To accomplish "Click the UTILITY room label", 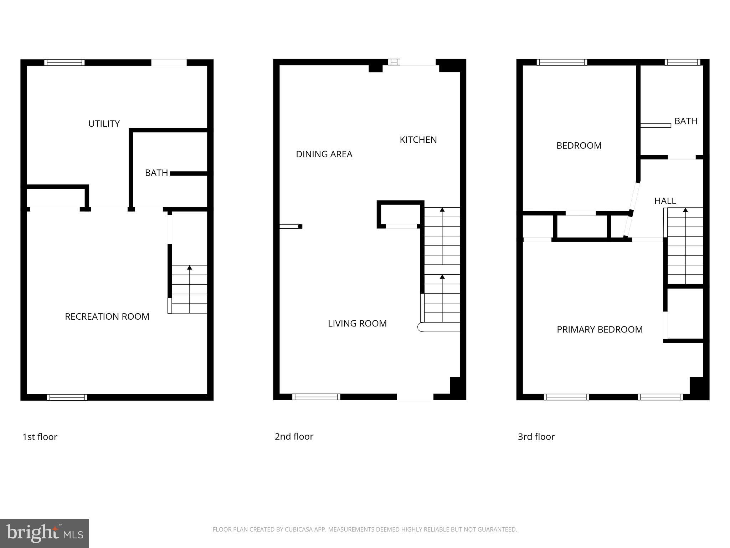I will [104, 124].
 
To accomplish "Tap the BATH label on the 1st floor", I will [156, 173].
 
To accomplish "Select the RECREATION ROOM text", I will [107, 316].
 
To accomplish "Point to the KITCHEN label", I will [418, 140].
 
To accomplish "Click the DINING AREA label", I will [324, 154].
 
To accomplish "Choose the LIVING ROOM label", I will [357, 324].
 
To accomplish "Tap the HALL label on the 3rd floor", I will [665, 201].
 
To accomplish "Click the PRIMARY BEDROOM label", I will [600, 330].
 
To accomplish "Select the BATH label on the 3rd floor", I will [686, 121].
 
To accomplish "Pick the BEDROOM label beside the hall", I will [579, 146].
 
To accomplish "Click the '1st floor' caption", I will [40, 437].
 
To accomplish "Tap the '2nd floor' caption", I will [294, 437].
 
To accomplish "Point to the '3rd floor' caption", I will [536, 437].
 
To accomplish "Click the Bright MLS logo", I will [45, 533].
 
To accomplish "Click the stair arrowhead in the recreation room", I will [190, 268].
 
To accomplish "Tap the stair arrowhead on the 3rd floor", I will [685, 210].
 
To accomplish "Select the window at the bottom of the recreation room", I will [67, 397].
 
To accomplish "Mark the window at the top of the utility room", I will [65, 62].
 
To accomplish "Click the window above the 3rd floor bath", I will [682, 62].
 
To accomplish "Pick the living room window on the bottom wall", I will [316, 397].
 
